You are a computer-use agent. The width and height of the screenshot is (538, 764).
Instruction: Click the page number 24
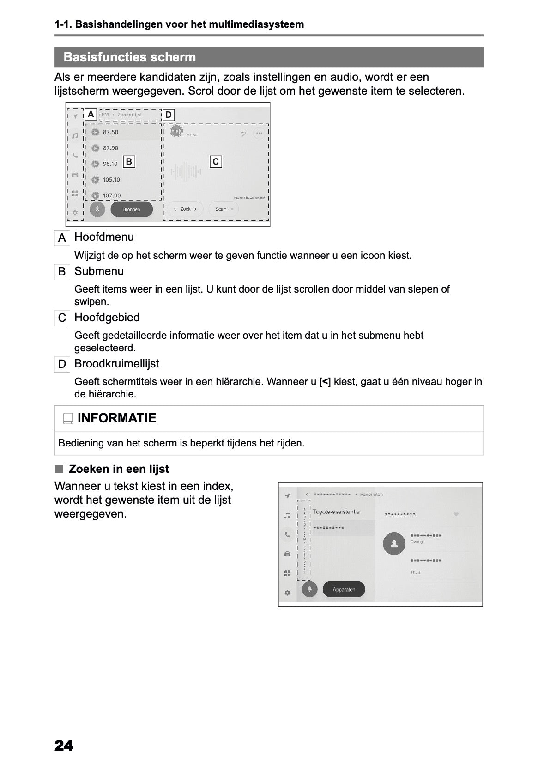point(64,746)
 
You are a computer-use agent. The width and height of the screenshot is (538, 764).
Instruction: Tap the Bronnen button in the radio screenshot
point(132,209)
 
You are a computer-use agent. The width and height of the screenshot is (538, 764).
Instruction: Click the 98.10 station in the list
point(110,164)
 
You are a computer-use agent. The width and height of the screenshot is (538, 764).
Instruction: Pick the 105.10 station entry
point(111,180)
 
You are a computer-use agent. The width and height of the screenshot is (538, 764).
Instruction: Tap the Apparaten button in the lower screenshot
point(344,589)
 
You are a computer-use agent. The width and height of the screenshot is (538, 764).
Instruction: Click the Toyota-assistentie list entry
point(336,512)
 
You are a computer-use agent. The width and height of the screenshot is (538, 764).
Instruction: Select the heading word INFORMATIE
point(117,418)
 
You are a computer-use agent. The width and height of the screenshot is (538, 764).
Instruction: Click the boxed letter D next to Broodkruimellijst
point(62,364)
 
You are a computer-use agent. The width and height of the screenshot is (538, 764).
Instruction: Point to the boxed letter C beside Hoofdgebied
point(62,318)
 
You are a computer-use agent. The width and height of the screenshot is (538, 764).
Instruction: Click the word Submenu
point(99,271)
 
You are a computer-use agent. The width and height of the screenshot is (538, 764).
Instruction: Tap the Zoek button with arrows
point(185,209)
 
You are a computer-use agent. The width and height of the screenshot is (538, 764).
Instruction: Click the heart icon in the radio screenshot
point(243,134)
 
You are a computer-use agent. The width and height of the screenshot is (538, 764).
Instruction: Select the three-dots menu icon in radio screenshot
point(259,133)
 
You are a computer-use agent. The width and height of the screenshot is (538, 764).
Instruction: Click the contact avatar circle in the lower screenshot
point(394,544)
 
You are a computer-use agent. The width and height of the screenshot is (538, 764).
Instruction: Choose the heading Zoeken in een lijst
point(119,469)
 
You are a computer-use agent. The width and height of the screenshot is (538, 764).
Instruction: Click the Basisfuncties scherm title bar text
point(129,57)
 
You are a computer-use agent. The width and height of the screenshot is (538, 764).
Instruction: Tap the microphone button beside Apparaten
point(309,589)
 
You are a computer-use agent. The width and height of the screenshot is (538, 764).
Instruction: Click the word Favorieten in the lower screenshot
point(371,494)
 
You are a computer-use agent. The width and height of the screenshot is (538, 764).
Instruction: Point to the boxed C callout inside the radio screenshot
point(216,161)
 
